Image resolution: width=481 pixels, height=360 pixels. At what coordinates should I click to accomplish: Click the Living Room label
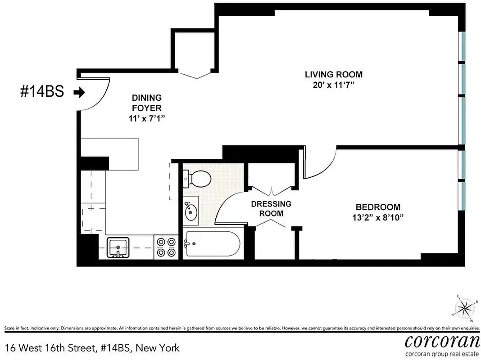pyautogui.click(x=333, y=75)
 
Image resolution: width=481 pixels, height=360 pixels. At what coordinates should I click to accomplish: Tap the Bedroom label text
pyautogui.click(x=378, y=207)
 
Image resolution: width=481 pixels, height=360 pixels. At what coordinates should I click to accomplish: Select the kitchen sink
pyautogui.click(x=118, y=247)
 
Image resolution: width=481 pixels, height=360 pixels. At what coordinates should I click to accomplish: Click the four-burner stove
pyautogui.click(x=166, y=247)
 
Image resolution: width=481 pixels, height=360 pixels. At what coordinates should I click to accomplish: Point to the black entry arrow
pyautogui.click(x=79, y=93)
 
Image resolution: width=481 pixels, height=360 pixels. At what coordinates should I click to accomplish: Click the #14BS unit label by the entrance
pyautogui.click(x=42, y=92)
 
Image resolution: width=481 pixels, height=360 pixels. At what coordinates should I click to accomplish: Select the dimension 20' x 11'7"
pyautogui.click(x=333, y=85)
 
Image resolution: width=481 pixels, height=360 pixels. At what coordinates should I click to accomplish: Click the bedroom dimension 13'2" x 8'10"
pyautogui.click(x=378, y=218)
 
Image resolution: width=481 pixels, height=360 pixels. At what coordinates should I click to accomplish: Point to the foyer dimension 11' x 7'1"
pyautogui.click(x=147, y=119)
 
